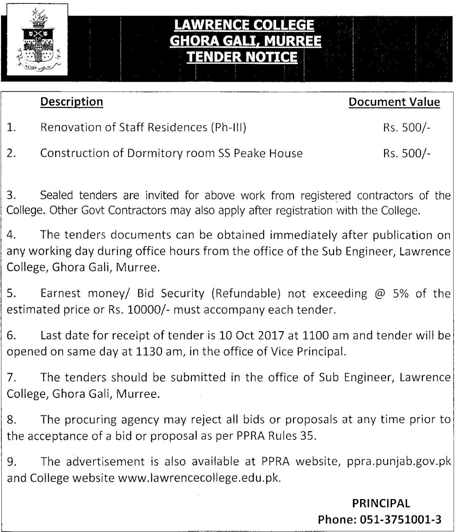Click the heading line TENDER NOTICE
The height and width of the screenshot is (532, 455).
(242, 56)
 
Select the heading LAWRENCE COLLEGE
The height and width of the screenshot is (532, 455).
(244, 25)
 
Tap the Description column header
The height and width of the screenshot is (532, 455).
(72, 102)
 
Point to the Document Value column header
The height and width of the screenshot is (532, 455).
(394, 102)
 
